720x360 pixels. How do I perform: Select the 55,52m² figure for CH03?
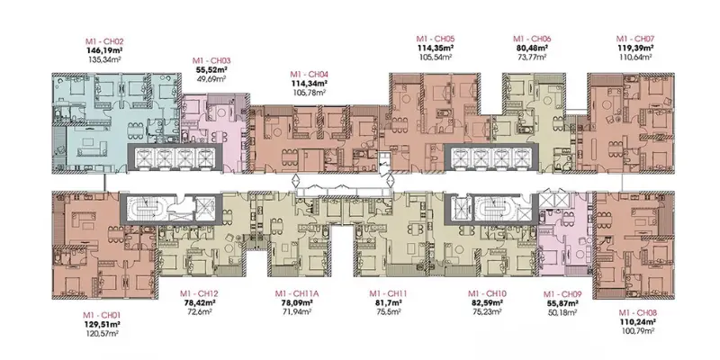click(x=213, y=69)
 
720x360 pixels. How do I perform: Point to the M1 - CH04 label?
click(x=310, y=75)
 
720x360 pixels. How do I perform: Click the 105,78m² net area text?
click(x=310, y=94)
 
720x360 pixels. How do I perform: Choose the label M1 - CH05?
click(x=436, y=39)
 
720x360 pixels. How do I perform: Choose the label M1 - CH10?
click(x=486, y=293)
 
